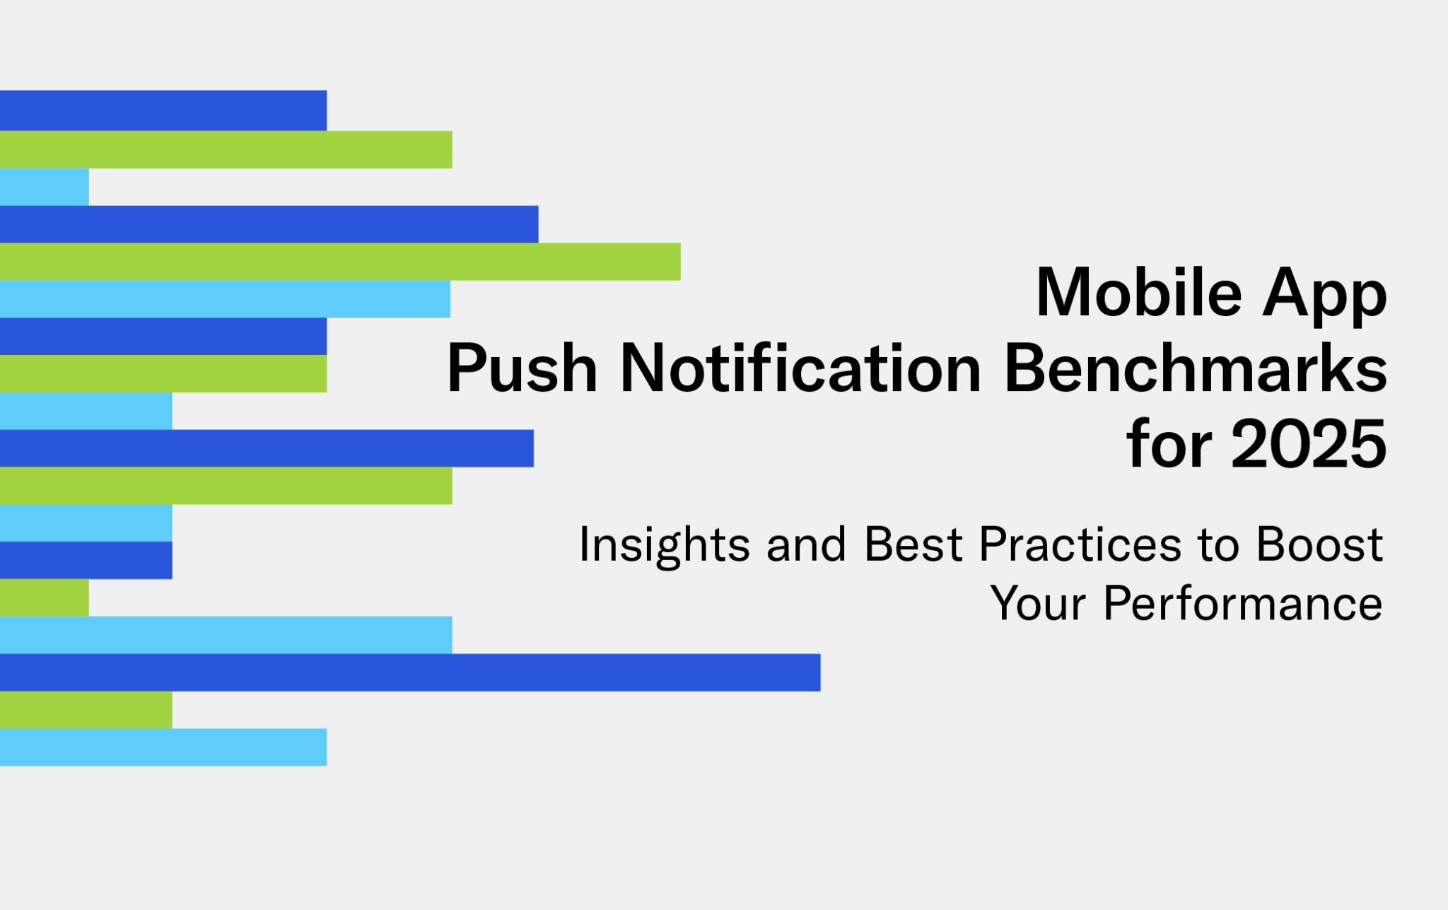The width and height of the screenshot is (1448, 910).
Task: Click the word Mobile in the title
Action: pyautogui.click(x=1139, y=292)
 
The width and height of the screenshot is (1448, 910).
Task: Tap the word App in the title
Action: pyautogui.click(x=1325, y=296)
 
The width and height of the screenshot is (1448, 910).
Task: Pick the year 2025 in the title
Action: pyautogui.click(x=1309, y=444)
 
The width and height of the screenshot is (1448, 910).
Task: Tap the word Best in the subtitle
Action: pyautogui.click(x=913, y=544)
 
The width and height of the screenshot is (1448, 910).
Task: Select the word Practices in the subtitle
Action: pyautogui.click(x=1080, y=544)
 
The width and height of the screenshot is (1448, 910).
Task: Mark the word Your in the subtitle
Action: pyautogui.click(x=1038, y=604)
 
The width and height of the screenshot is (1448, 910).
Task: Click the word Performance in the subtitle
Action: pyautogui.click(x=1243, y=604)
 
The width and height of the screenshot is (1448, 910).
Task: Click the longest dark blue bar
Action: pyautogui.click(x=410, y=672)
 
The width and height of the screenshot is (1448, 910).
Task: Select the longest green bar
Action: pyautogui.click(x=340, y=262)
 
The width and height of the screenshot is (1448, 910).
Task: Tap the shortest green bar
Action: pyautogui.click(x=45, y=597)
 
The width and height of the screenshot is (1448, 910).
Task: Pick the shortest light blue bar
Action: pyautogui.click(x=45, y=187)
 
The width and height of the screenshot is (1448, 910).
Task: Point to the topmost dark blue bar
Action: pyautogui.click(x=163, y=110)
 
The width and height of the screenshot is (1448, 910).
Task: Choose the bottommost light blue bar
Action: pyautogui.click(x=163, y=747)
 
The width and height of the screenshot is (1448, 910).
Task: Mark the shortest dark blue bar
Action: pyautogui.click(x=86, y=561)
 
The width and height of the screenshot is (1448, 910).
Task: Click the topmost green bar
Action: pyautogui.click(x=226, y=150)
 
